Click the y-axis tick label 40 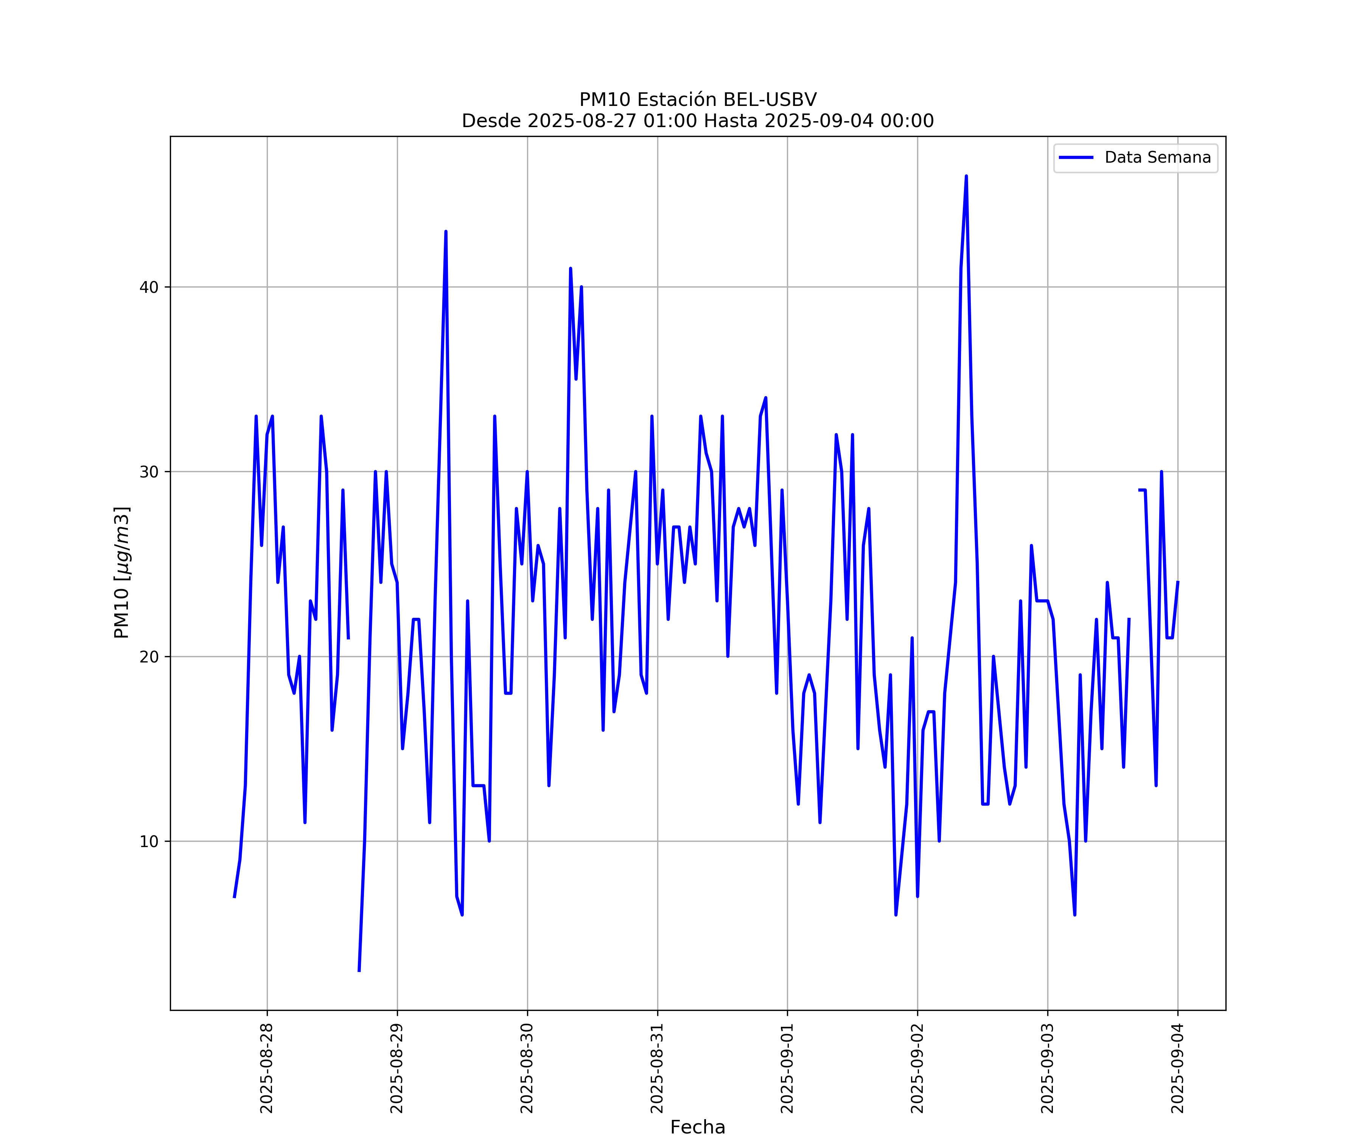[149, 287]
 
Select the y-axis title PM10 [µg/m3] [122, 573]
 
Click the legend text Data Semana [1158, 158]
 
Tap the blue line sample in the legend [1076, 158]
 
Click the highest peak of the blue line [966, 176]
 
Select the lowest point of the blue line [359, 970]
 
